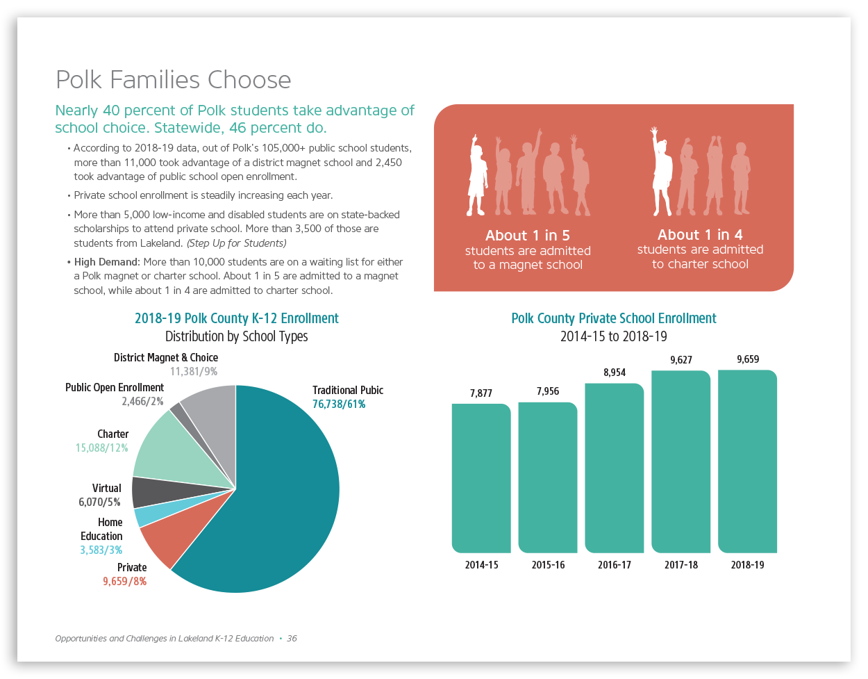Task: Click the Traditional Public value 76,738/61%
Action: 339,404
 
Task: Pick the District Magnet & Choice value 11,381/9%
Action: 194,372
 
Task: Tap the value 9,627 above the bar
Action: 681,360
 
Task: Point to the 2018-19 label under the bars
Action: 747,565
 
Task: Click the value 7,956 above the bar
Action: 548,391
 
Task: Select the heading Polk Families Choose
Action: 173,80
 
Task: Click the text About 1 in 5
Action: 528,236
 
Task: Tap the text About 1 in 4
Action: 700,235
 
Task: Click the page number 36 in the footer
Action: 292,639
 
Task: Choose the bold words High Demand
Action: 107,262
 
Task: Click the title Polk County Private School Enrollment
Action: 614,318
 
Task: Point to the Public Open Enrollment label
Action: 115,388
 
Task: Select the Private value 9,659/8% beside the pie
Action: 125,582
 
